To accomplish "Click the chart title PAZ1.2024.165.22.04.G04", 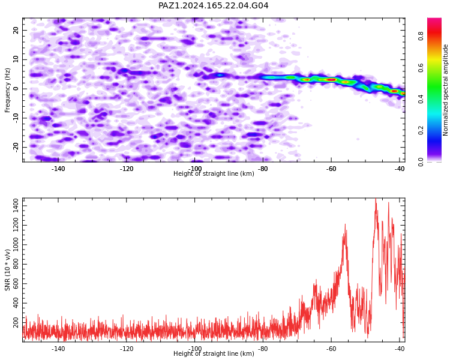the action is (214, 5).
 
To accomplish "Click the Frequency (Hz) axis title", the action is (7, 91).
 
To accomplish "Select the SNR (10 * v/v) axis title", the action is (7, 270).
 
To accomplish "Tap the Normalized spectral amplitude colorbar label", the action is (445, 90).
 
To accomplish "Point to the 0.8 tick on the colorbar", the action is (421, 36).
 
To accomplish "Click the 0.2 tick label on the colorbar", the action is (421, 130).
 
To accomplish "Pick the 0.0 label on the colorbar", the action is (421, 162).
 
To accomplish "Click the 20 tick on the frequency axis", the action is (16, 30).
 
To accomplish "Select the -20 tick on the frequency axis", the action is (16, 147).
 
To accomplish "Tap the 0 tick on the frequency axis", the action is (16, 89).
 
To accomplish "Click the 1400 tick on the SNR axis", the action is (16, 206).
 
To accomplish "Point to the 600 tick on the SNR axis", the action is (16, 284).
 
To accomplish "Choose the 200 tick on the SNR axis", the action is (16, 322).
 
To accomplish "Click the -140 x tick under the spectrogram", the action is (58, 169).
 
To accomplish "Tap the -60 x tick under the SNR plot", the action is (331, 349).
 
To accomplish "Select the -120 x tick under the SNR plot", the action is (126, 349).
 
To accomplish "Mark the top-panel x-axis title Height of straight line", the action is (214, 173).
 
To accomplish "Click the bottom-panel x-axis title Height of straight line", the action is (214, 353).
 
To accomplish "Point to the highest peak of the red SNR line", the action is (376, 199).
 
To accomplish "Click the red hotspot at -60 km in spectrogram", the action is (331, 80).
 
